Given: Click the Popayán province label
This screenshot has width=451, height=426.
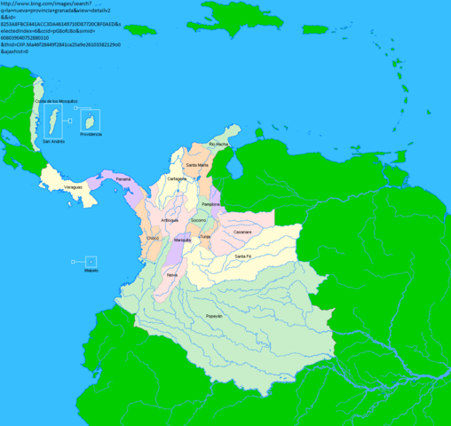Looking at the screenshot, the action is coord(214,317).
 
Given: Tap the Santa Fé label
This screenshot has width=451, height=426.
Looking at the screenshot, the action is coord(243,256).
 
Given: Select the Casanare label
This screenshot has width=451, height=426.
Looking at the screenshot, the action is coord(243,232).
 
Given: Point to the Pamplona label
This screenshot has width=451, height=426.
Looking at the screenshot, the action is coord(211,204).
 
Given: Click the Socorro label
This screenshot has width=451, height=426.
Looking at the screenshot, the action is coord(199,219).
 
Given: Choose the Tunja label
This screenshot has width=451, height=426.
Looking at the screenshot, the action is coord(205,237).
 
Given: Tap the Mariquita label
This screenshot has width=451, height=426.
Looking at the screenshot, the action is coord(183,241).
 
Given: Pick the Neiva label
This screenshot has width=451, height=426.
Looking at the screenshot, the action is coord(172,274).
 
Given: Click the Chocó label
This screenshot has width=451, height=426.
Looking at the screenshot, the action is coord(152,238).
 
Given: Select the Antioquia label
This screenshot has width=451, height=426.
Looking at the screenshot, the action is coord(170,220).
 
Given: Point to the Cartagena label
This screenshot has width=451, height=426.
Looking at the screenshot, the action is coord(177,178).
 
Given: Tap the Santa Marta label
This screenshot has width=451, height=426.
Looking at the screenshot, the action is coord(197,165).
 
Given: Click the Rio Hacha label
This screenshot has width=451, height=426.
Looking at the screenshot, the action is coord(218,144).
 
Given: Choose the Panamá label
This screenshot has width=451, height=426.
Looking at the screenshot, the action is coord(123,179).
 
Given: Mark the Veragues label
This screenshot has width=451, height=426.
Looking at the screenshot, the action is coord(74,188).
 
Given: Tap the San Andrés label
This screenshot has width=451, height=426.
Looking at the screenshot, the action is coord(53,140).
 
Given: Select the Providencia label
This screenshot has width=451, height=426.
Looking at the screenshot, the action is coord(91,134).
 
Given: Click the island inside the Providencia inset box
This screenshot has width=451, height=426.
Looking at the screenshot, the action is coord(91,119).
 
